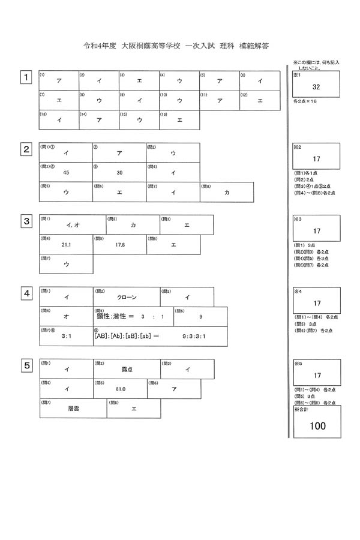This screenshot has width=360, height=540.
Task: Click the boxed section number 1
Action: (26, 77)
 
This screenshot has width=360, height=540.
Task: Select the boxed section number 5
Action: (26, 365)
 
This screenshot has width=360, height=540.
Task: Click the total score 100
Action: (317, 426)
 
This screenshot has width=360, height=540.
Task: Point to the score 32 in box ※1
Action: (317, 88)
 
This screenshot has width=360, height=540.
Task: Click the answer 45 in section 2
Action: (66, 172)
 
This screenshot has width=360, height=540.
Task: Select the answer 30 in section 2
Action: (119, 172)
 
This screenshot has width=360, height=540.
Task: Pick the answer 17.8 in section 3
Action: (120, 244)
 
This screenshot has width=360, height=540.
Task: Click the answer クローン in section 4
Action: (127, 297)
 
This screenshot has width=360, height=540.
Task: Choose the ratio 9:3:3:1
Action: (194, 337)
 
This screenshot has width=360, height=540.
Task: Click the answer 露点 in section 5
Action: (127, 370)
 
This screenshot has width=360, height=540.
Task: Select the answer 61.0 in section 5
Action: (120, 389)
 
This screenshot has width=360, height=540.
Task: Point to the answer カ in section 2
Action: (227, 192)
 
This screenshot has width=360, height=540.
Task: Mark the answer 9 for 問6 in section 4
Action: (200, 316)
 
